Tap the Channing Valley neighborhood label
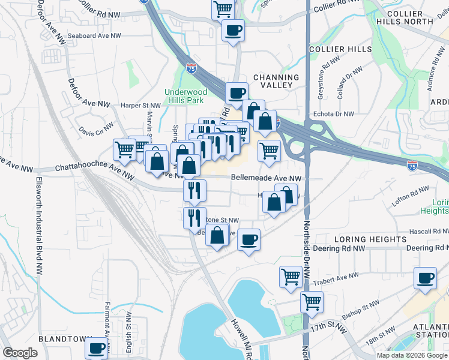click(276, 81)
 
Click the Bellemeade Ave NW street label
click(266, 178)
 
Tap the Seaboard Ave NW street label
click(94, 36)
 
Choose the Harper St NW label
click(140, 105)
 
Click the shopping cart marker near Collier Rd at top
click(223, 8)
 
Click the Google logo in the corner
click(20, 353)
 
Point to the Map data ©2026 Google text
click(412, 355)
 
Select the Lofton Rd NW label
click(408, 196)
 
